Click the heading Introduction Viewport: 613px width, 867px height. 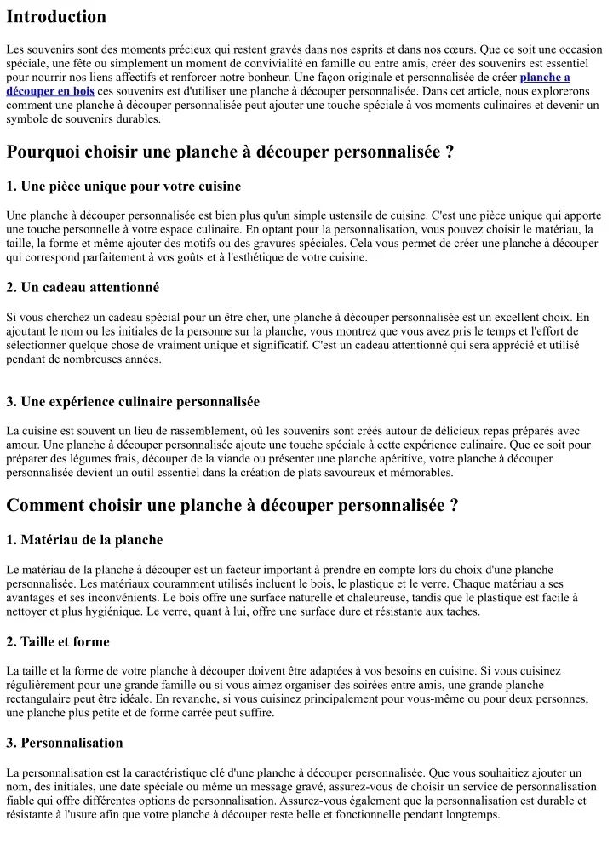point(56,17)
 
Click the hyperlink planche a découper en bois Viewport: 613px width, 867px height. point(545,78)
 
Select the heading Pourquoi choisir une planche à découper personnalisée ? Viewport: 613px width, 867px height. point(230,152)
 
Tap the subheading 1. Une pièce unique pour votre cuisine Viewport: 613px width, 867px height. point(123,187)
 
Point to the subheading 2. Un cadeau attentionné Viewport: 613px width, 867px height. point(83,288)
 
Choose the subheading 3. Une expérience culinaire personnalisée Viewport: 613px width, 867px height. point(133,402)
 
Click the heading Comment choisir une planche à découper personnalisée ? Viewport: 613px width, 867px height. point(232,505)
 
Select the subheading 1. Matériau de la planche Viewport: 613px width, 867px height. point(84,540)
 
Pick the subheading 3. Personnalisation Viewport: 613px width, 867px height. point(65,743)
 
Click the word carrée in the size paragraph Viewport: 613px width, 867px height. point(198,713)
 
